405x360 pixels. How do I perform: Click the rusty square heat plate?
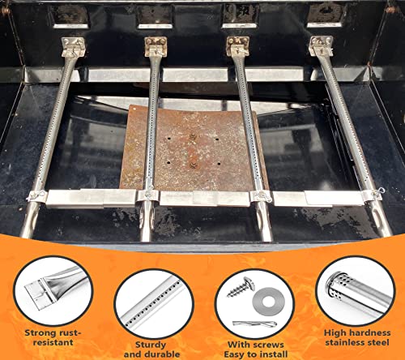pos(194,148)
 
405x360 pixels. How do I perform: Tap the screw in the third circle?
pos(241,287)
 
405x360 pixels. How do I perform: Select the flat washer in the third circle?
pos(268,301)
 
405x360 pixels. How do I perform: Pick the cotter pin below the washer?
pos(254,324)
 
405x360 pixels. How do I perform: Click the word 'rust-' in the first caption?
pos(67,332)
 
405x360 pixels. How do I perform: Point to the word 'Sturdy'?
pos(151,345)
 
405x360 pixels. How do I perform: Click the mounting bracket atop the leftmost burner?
pos(73,46)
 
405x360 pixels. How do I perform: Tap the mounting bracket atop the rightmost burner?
pos(321,45)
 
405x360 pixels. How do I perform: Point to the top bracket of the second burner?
pos(156,46)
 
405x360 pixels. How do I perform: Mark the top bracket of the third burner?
pos(237,45)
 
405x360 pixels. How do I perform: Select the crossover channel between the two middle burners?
pos(204,199)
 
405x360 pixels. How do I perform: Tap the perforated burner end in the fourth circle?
pos(335,287)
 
